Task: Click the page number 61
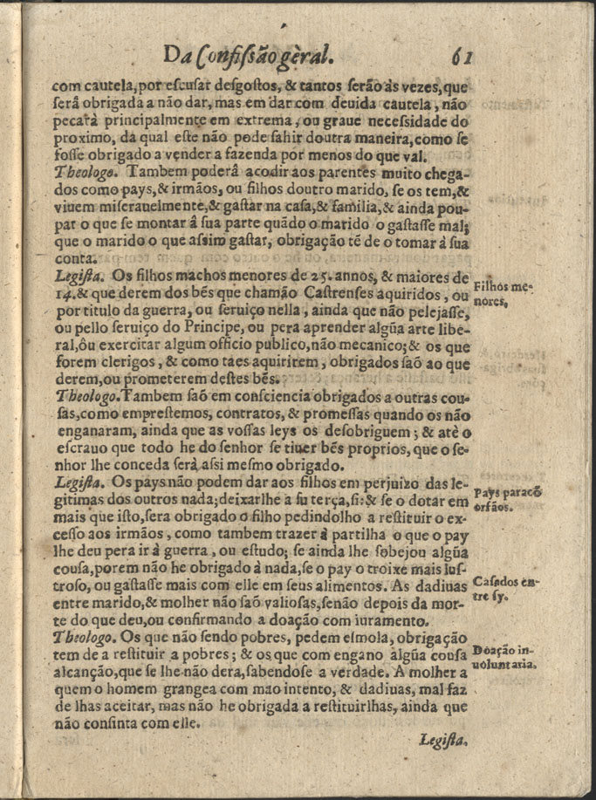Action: coord(462,57)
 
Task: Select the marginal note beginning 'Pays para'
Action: coord(504,499)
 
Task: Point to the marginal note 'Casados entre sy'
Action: coord(504,590)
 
